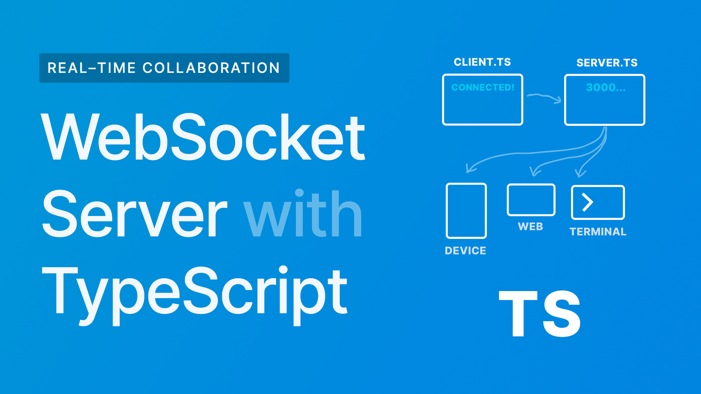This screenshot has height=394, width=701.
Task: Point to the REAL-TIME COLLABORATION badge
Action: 164,68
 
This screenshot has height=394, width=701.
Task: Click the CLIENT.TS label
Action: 482,62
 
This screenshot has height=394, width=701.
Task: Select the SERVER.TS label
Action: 607,63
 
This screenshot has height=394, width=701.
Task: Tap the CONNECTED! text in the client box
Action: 483,87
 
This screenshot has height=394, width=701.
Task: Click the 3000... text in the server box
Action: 606,87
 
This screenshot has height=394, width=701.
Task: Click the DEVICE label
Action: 465,250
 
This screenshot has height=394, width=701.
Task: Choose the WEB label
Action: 530,227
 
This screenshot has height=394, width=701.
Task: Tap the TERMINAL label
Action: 598,232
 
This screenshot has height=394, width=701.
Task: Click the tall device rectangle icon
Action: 466,211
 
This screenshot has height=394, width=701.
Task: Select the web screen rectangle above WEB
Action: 531,200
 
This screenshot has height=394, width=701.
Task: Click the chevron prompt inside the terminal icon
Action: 587,202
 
